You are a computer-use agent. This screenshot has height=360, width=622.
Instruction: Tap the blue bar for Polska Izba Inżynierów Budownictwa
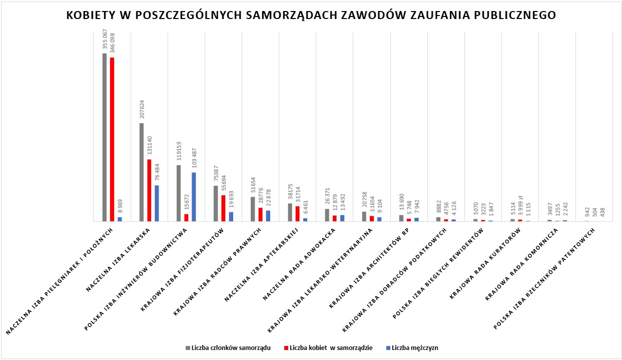(194, 196)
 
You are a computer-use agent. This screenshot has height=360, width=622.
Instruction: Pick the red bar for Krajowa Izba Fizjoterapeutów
(223, 208)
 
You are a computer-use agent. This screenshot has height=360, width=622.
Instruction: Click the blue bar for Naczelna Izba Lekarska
(157, 203)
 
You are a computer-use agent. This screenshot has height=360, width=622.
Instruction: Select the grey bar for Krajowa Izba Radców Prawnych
(253, 209)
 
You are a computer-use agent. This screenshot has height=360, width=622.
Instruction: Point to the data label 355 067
(105, 40)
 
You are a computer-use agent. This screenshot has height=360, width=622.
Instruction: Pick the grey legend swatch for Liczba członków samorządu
(188, 348)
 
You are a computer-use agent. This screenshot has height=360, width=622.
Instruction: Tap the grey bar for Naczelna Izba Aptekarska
(290, 212)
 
